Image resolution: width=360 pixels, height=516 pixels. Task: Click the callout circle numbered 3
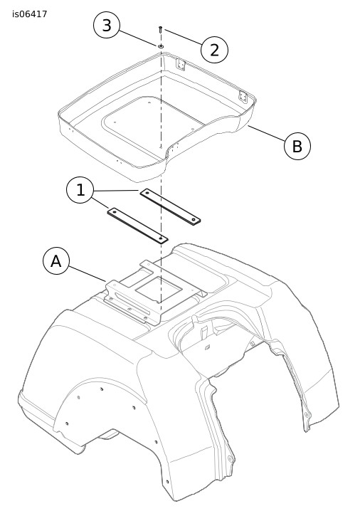pyautogui.click(x=107, y=26)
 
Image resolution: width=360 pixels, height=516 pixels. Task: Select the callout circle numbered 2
pyautogui.click(x=214, y=50)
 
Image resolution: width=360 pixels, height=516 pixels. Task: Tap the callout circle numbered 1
pyautogui.click(x=80, y=190)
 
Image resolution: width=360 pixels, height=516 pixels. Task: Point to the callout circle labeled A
pyautogui.click(x=56, y=261)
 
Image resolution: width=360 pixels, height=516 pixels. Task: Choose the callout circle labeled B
pyautogui.click(x=297, y=146)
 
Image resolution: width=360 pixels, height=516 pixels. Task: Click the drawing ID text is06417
pyautogui.click(x=30, y=14)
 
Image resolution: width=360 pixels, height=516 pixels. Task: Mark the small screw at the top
pyautogui.click(x=160, y=29)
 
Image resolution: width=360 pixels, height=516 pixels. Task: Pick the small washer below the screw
pyautogui.click(x=161, y=46)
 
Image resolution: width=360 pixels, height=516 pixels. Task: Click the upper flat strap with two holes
pyautogui.click(x=170, y=206)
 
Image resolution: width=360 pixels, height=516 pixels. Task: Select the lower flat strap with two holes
pyautogui.click(x=137, y=226)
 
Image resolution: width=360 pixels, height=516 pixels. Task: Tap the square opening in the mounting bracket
pyautogui.click(x=159, y=289)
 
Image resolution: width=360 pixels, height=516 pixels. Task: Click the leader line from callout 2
pyautogui.click(x=184, y=37)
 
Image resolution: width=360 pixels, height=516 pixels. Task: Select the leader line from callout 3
pyautogui.click(x=138, y=38)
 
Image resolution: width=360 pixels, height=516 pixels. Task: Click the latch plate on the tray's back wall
pyautogui.click(x=180, y=64)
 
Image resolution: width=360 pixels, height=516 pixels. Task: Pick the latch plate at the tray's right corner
pyautogui.click(x=243, y=96)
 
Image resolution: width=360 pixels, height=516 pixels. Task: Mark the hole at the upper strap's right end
pyautogui.click(x=194, y=219)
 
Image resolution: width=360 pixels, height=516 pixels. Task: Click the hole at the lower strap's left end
pyautogui.click(x=115, y=212)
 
